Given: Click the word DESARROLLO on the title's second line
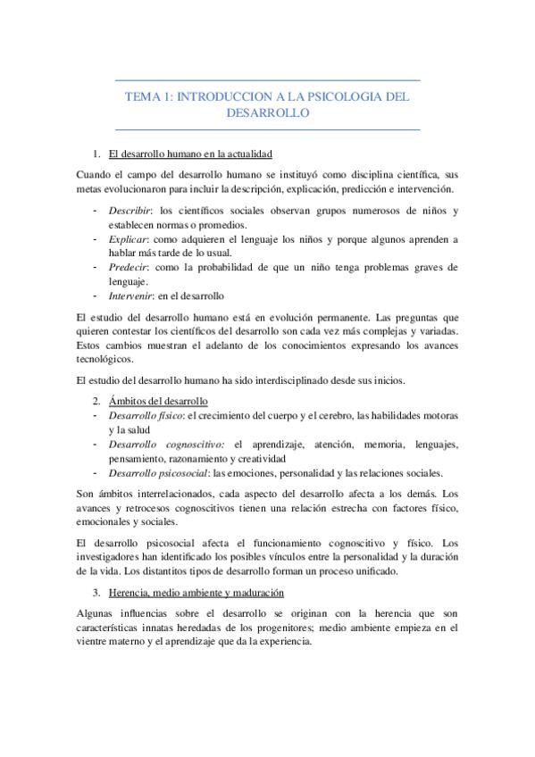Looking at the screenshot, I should click(x=267, y=113).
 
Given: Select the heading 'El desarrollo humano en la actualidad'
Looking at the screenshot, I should click(x=189, y=154).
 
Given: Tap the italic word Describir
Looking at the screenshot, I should click(x=130, y=211).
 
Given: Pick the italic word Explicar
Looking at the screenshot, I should click(x=129, y=239).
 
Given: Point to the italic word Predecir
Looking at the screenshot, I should click(x=129, y=267).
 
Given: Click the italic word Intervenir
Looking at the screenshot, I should click(x=131, y=295).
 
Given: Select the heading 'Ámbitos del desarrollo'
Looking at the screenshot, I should click(x=157, y=401).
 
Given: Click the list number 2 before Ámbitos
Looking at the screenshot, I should click(x=96, y=401).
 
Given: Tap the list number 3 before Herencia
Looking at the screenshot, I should click(x=96, y=592).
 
